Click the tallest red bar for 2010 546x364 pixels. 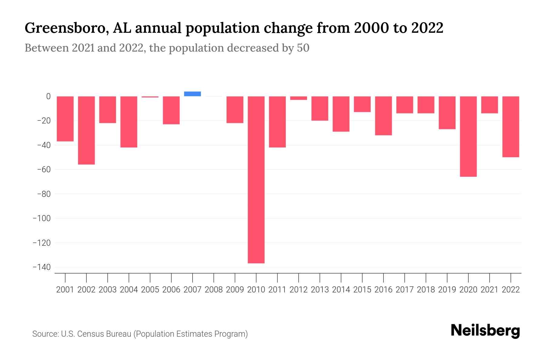(256, 180)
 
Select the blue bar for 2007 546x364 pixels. (192, 94)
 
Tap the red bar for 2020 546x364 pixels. (468, 136)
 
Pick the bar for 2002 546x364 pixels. (86, 130)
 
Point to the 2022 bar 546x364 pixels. (511, 127)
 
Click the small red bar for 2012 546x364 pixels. (298, 98)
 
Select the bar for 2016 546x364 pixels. (383, 116)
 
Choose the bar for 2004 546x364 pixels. (129, 122)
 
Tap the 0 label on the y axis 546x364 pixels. (48, 96)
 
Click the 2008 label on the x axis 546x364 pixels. (214, 290)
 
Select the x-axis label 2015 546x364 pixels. (362, 290)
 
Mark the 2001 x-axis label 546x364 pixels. (65, 290)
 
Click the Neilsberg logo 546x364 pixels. (485, 331)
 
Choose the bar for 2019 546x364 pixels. (447, 113)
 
